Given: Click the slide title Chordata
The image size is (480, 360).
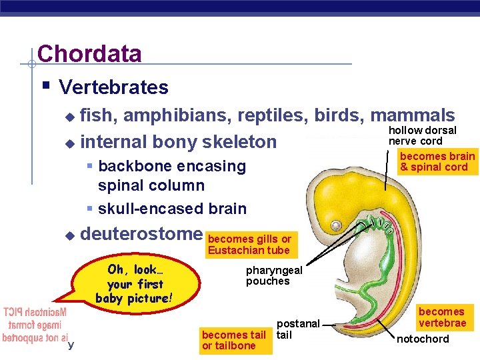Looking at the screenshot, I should coord(89,54).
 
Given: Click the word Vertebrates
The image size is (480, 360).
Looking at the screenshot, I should coord(113,87).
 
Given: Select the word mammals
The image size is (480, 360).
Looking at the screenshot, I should coord(413,116).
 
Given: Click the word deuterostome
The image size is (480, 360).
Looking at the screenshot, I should coord(141,234).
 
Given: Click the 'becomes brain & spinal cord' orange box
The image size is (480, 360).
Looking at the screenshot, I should coord(437,162).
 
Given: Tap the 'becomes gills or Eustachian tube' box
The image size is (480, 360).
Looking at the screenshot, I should coord(249,245).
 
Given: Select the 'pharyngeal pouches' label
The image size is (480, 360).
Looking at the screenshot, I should coord(274,275).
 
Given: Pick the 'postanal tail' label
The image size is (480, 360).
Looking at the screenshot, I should coord(298,329).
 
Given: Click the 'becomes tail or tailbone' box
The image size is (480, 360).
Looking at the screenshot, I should coord(233,340).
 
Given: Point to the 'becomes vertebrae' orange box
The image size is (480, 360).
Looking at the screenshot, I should coord(442,317).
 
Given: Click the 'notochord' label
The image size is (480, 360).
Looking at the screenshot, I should coord(423,339).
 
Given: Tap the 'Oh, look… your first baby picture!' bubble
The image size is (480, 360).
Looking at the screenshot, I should coord(134,284).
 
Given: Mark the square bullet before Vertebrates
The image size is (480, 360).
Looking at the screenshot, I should coord(45,86).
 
